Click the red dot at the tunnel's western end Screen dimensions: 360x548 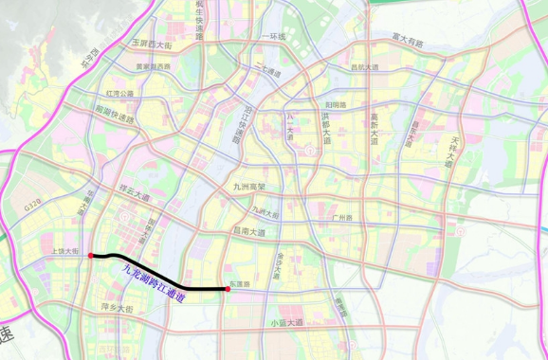click(90, 256)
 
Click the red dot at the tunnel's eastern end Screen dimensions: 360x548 click(228, 289)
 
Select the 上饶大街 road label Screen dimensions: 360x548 click(67, 252)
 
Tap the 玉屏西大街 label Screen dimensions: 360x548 click(152, 45)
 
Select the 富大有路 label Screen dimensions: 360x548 click(408, 40)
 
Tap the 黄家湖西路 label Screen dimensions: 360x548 click(153, 66)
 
